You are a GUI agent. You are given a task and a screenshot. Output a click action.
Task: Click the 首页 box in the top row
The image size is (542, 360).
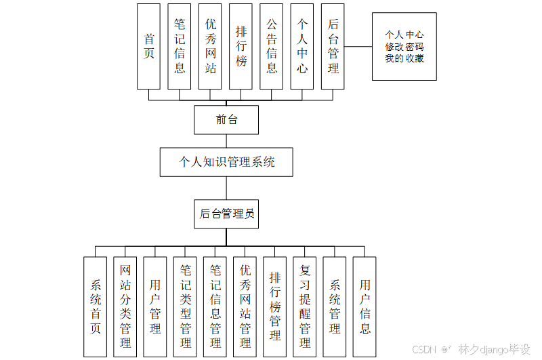pyautogui.click(x=148, y=46)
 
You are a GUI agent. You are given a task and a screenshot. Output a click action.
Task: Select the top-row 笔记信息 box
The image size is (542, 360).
pyautogui.click(x=179, y=46)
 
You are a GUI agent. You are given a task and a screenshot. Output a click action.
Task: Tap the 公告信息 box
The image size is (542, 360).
pyautogui.click(x=271, y=46)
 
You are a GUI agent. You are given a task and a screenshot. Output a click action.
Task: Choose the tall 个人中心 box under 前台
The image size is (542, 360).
pyautogui.click(x=302, y=46)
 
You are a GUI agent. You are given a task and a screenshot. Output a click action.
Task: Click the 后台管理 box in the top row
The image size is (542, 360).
pyautogui.click(x=333, y=46)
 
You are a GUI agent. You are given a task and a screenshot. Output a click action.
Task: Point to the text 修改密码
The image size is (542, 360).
pyautogui.click(x=404, y=47)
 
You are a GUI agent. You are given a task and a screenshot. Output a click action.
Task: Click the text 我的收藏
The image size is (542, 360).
pyautogui.click(x=404, y=58)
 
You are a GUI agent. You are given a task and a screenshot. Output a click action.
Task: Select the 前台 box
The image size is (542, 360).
pyautogui.click(x=226, y=120)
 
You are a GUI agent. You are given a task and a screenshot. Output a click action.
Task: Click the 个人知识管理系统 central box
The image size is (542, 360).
pyautogui.click(x=226, y=163)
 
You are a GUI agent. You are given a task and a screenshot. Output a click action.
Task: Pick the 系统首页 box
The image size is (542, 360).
pyautogui.click(x=95, y=306)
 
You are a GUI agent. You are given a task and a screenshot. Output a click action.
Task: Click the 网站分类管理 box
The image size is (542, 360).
pyautogui.click(x=125, y=306)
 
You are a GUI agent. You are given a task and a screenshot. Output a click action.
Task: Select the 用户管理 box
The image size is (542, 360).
pyautogui.click(x=155, y=306)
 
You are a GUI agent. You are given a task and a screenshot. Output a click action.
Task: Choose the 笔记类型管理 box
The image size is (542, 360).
pyautogui.click(x=185, y=306)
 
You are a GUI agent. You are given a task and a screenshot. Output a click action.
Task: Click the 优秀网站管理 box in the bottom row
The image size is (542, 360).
pyautogui.click(x=245, y=306)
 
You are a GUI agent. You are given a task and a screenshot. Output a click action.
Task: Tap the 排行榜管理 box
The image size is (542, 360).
pyautogui.click(x=274, y=306)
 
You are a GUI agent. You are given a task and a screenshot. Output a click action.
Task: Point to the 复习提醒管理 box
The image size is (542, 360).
pyautogui.click(x=305, y=306)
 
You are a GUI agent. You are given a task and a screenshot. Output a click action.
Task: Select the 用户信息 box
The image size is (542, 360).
pyautogui.click(x=364, y=306)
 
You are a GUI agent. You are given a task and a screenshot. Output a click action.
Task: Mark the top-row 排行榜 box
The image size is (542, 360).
pyautogui.click(x=241, y=46)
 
